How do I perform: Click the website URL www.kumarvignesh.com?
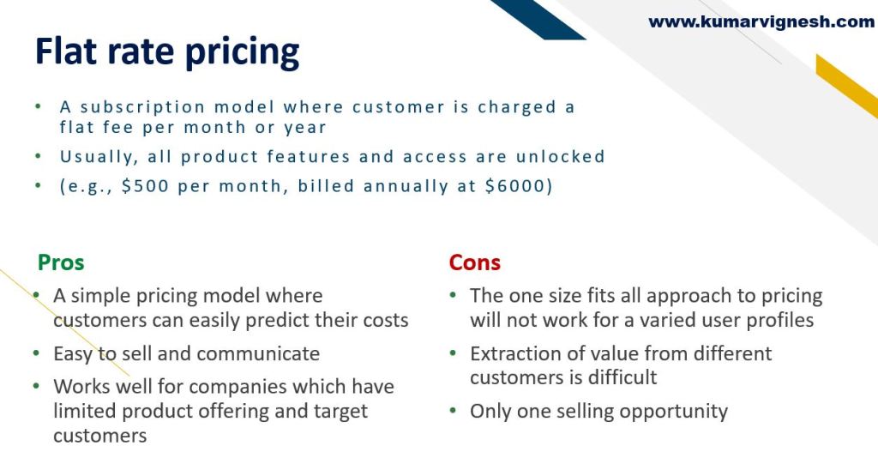click(761, 21)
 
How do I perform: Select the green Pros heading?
click(61, 262)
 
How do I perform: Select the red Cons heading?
click(475, 262)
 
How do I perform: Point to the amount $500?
click(145, 185)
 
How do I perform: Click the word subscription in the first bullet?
click(143, 107)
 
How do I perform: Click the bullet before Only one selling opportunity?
click(453, 411)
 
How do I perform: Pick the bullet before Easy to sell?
click(36, 353)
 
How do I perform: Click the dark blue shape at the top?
click(538, 19)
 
